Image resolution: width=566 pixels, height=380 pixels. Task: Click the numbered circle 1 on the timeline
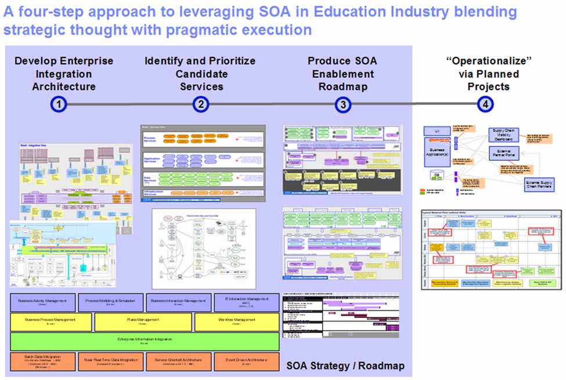point(59,104)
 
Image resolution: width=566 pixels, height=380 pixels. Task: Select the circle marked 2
point(200,104)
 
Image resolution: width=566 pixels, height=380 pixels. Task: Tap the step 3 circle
point(343,104)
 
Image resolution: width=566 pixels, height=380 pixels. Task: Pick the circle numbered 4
point(485,104)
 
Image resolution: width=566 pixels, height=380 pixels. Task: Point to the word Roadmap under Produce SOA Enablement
point(343,86)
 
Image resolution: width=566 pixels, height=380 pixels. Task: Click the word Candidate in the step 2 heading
point(200,74)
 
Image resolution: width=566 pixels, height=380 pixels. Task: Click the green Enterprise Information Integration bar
point(144,341)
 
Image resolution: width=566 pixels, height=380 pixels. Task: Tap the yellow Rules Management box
point(143,321)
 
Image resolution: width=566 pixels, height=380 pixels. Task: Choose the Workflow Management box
point(236,321)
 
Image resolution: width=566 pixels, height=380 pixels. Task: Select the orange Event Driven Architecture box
point(246,361)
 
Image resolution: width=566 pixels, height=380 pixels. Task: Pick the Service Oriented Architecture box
point(178,361)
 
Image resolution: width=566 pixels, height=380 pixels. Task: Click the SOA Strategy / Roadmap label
point(345,366)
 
